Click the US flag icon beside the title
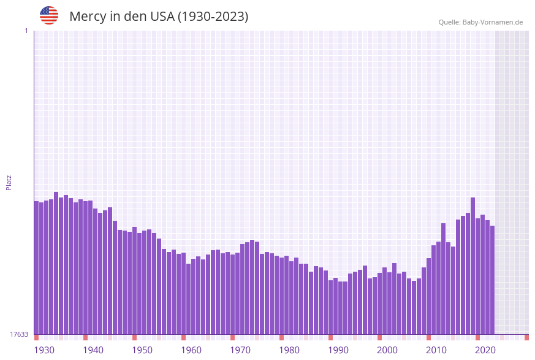[x=49, y=15]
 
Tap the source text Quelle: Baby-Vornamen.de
[x=480, y=22]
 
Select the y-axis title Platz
[x=9, y=182]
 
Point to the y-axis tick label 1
[x=26, y=31]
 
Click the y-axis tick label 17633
[x=19, y=334]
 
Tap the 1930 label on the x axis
[x=44, y=350]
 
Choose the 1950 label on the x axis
[x=142, y=350]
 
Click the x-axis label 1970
[x=240, y=350]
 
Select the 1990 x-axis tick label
[x=338, y=350]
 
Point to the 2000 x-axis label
[x=387, y=350]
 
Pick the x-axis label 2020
[x=485, y=350]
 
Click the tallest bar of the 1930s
[x=56, y=263]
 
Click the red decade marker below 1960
[x=183, y=337]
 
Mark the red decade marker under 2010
[x=428, y=337]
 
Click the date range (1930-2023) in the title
[x=213, y=17]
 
